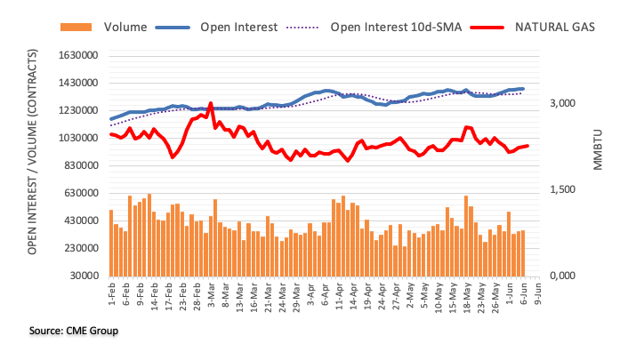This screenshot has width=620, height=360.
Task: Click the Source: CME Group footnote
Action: pyautogui.click(x=74, y=331)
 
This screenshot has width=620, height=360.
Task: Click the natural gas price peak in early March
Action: pyautogui.click(x=210, y=103)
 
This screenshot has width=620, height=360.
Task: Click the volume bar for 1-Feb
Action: pyautogui.click(x=111, y=243)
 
